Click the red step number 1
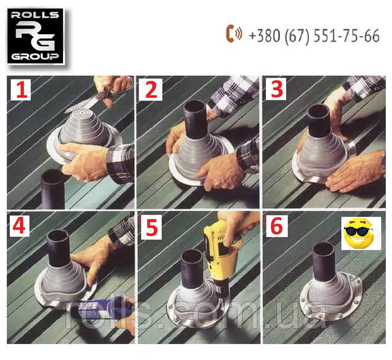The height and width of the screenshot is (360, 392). tap(22, 90)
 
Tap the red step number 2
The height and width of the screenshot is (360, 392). tap(151, 89)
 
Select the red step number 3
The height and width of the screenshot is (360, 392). tap(277, 89)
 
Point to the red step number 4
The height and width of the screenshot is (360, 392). tap(18, 226)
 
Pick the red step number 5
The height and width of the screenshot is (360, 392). tap(151, 227)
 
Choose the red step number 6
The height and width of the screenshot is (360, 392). tap(276, 226)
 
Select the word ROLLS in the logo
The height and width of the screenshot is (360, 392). tap(35, 15)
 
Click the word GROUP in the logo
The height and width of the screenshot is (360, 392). tap(35, 56)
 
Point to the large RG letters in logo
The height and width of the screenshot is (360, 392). tap(35, 36)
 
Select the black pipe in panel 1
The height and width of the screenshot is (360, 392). tap(53, 189)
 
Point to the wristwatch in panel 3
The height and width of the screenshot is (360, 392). tap(383, 160)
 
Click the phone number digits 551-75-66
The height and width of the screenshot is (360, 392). tap(347, 36)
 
